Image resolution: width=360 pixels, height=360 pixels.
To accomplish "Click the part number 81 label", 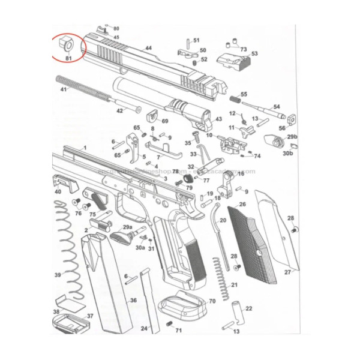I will pyautogui.click(x=68, y=58).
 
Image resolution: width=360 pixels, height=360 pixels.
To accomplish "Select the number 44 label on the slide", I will pyautogui.click(x=148, y=47).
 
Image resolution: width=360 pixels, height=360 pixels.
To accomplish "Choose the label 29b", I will pyautogui.click(x=292, y=137).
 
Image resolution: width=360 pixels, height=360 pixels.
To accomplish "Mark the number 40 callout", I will pyautogui.click(x=58, y=192).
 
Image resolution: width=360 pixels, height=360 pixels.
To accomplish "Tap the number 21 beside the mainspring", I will pyautogui.click(x=234, y=285).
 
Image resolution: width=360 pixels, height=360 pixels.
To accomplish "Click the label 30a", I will pyautogui.click(x=140, y=247).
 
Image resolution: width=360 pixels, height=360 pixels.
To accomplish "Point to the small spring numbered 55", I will pyautogui.click(x=235, y=98).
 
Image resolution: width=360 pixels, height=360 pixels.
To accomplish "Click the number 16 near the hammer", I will pyautogui.click(x=241, y=173).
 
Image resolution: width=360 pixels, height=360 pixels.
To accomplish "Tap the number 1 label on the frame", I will pyautogui.click(x=85, y=148).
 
